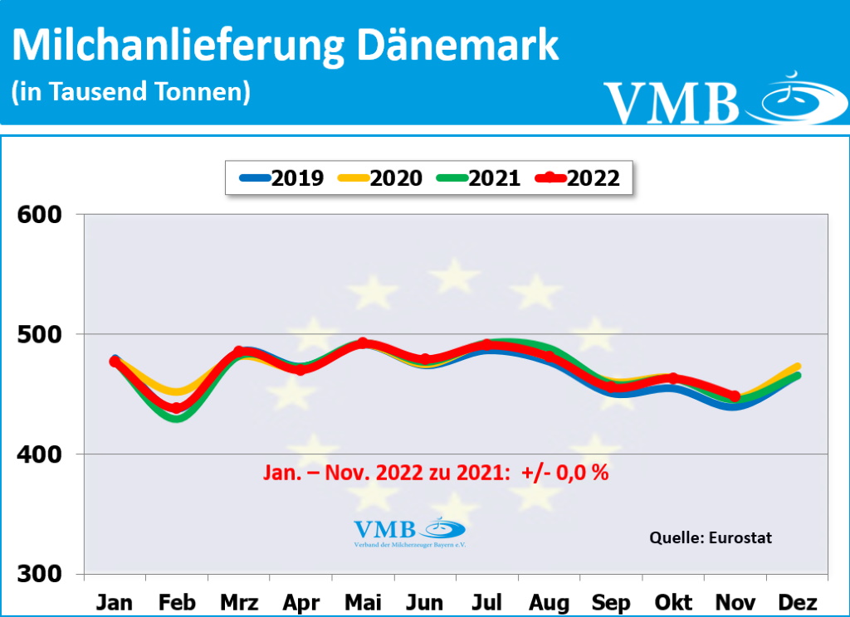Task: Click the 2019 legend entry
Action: point(282,177)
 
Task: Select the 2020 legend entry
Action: point(381,177)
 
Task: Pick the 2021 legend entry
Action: point(479,177)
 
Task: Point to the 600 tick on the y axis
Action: point(42,215)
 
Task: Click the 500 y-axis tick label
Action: point(42,334)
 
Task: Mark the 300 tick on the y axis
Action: point(42,574)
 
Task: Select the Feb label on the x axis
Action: point(177,601)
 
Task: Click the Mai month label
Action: point(363,601)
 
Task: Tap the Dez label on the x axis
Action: point(799,601)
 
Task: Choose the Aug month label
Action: point(549,601)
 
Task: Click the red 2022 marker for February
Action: point(177,407)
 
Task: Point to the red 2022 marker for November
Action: point(735,396)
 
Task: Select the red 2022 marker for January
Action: point(115,362)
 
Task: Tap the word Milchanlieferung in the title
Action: point(178,46)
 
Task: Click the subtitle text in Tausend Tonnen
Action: point(131,91)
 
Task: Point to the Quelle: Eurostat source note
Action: point(710,537)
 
